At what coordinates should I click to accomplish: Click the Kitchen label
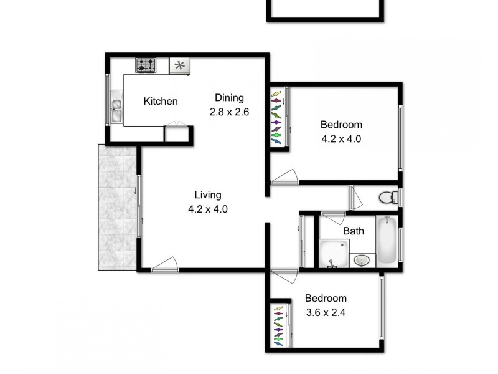161,102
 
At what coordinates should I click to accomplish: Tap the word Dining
229,98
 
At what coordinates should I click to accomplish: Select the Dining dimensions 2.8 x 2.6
229,112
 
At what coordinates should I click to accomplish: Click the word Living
207,194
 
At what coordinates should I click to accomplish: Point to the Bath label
354,231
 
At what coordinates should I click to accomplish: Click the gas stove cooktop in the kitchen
147,65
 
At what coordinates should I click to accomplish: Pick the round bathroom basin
361,260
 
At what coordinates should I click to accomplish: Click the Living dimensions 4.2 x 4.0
208,209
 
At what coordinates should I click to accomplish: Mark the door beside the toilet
356,198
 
